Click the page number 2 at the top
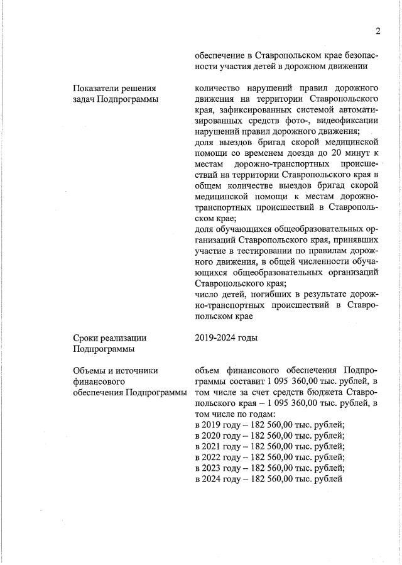tap(378, 31)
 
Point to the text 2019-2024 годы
tap(226, 337)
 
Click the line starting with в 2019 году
tap(269, 424)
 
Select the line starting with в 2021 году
tap(269, 446)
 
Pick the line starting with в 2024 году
tap(268, 479)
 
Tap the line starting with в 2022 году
tap(269, 457)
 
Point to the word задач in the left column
tap(84, 99)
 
